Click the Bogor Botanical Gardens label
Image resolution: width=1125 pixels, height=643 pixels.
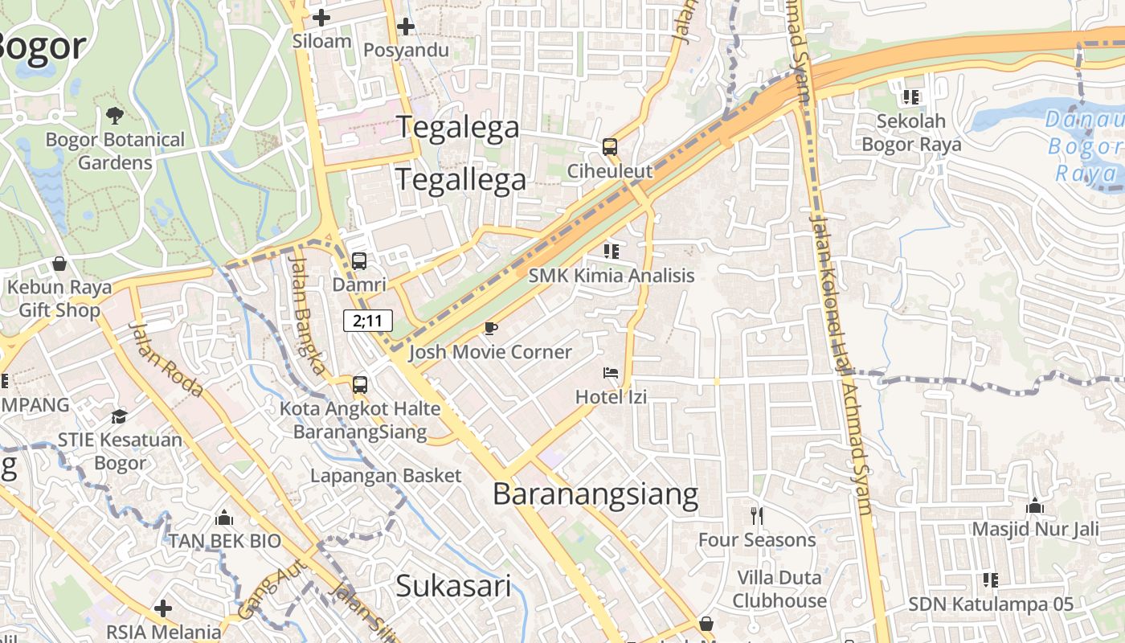coord(115,151)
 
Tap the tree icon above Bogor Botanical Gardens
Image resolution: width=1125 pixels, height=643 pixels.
coord(115,116)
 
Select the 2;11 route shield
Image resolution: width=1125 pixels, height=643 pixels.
coord(368,321)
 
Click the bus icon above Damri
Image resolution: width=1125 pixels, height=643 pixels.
coord(359,261)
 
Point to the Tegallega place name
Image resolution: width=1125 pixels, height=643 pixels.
coord(460,179)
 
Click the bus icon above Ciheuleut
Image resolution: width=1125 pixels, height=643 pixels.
coord(610,147)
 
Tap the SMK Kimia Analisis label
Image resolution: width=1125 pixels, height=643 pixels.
coord(611,276)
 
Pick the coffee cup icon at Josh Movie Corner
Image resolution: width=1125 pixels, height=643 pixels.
coord(490,328)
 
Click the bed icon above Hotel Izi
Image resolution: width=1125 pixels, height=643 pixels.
coord(611,373)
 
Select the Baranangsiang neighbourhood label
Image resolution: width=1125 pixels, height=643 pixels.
coord(595,494)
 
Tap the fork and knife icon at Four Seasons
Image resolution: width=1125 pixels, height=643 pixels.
coord(756,515)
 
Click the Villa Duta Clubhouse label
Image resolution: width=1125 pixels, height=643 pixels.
coord(779,589)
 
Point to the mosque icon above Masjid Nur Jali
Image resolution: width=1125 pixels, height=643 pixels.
coord(1035,506)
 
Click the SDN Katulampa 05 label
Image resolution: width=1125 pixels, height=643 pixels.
coord(990,604)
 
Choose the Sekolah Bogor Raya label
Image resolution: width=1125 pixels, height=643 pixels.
coord(911,133)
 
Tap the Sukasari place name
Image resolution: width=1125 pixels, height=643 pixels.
coord(453,586)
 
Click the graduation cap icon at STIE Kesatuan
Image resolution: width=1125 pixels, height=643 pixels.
coord(119,416)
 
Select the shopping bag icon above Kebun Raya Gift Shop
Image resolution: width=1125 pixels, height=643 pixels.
coord(59,263)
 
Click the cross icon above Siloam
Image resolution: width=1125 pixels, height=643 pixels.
coord(321,17)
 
